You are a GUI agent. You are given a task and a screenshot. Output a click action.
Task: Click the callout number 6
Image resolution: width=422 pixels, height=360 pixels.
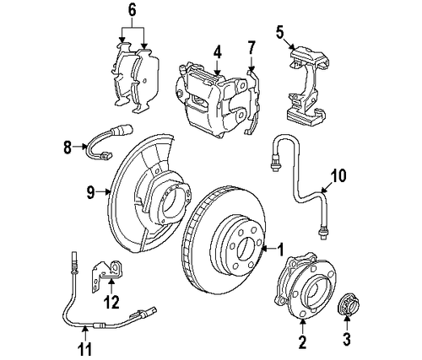pyautogui.click(x=131, y=10)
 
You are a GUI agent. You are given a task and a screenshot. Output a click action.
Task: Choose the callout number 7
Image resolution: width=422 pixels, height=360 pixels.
pyautogui.click(x=251, y=46)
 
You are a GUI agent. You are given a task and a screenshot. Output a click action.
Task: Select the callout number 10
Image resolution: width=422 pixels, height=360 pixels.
pyautogui.click(x=338, y=176)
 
